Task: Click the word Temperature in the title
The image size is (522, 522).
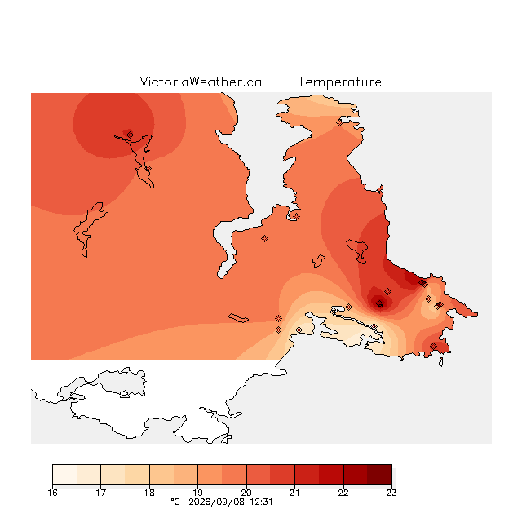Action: [339, 82]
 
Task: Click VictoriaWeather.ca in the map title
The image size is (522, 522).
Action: [201, 82]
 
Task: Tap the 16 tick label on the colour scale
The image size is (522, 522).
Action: [52, 493]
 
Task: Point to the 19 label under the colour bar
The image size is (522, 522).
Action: [197, 493]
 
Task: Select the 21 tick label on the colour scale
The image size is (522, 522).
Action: [294, 493]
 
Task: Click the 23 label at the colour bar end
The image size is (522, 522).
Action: [391, 493]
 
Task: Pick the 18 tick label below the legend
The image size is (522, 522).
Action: [149, 493]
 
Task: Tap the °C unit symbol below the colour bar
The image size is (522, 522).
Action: [175, 502]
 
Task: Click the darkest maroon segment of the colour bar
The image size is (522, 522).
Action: [379, 475]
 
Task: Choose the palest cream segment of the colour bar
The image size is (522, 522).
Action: [64, 475]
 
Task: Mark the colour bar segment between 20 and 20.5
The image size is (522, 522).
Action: [259, 475]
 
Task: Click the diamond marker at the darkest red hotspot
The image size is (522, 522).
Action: [379, 303]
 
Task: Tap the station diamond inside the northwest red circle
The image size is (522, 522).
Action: [130, 135]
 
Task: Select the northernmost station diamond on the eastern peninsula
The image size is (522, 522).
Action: [339, 123]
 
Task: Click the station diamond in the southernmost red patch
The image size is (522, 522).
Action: [433, 346]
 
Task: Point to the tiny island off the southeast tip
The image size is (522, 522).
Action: [440, 362]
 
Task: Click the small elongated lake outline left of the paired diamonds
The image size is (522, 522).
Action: [238, 318]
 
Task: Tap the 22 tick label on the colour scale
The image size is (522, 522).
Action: [343, 493]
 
